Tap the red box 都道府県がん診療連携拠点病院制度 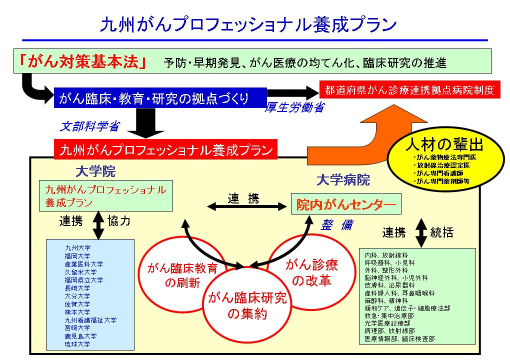tap(409, 90)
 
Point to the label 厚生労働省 tap(294, 107)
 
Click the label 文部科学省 tap(90, 127)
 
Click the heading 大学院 tap(95, 172)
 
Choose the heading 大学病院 tap(343, 180)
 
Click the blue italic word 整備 tap(336, 225)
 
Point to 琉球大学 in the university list tap(77, 344)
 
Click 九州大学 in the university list tap(77, 247)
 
